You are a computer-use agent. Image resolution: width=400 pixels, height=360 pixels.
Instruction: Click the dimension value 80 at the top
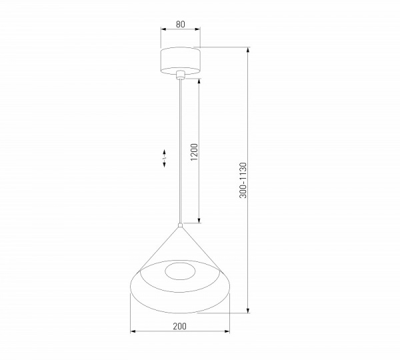(180, 24)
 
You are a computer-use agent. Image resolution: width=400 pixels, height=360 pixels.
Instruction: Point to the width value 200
(179, 326)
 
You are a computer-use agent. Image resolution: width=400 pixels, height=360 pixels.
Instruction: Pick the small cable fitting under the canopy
(180, 75)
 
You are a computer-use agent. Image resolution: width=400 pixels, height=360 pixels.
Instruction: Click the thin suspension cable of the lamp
(180, 153)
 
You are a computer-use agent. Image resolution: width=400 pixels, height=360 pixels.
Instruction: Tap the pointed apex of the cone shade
(180, 227)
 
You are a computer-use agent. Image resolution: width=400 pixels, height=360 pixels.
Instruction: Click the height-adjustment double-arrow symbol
(165, 157)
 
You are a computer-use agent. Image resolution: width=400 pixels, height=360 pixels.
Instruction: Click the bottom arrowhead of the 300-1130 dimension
(248, 312)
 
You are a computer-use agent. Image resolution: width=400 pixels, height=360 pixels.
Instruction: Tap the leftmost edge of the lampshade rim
(131, 283)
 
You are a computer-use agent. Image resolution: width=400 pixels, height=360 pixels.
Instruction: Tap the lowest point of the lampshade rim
(180, 312)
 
